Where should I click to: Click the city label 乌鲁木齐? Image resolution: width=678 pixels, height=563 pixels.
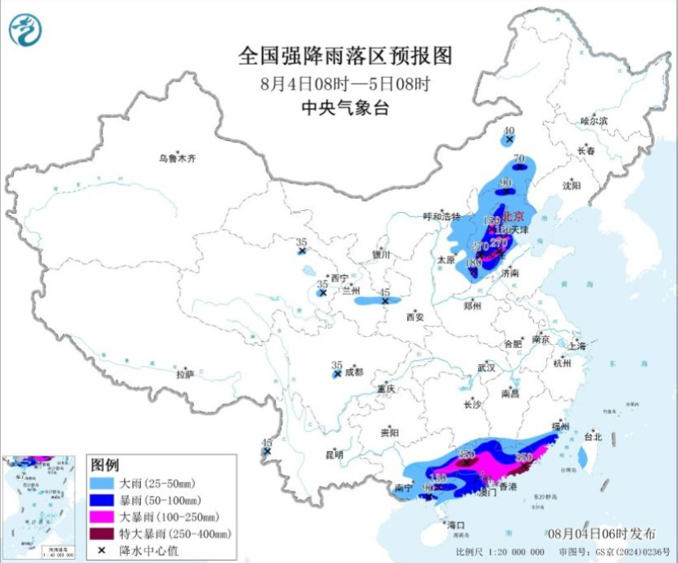click(178, 158)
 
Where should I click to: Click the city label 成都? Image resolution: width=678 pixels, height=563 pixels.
click(353, 372)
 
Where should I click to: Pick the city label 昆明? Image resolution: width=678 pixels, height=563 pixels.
click(334, 454)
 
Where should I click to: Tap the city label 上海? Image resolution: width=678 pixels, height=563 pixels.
click(577, 347)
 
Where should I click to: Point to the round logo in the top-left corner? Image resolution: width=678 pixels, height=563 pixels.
click(25, 30)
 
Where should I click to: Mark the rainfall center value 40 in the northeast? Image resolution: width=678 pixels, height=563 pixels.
click(509, 131)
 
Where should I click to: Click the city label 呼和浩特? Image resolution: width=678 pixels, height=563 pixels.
click(437, 217)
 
